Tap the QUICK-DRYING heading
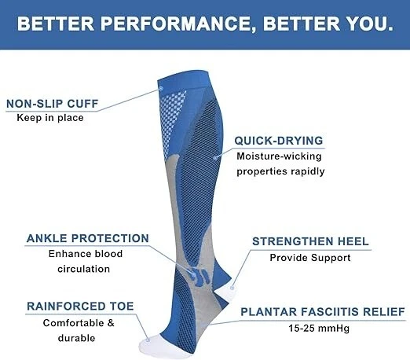point(279,141)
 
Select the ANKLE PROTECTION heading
point(87,238)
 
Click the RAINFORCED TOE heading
point(80,306)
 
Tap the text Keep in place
point(50,118)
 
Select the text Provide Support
point(309,257)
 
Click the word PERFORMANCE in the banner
point(178,24)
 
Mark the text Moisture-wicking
point(280,156)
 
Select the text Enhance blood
point(86,254)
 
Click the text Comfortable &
point(79,322)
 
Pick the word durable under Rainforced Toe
point(79,337)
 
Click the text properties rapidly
point(280,171)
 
